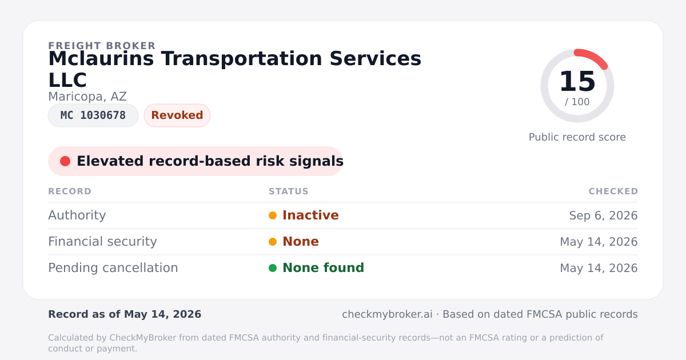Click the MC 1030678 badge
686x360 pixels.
pos(93,115)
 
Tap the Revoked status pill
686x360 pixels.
pos(177,115)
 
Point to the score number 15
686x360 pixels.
pos(577,81)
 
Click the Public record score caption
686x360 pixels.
pos(577,137)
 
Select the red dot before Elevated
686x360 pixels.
pos(65,161)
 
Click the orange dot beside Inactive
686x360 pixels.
pos(273,215)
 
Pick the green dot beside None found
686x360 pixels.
pos(273,268)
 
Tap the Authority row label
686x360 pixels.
pos(77,215)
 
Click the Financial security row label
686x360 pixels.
pos(102,242)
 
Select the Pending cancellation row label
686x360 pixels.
pos(113,268)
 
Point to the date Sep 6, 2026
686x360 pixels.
pos(603,215)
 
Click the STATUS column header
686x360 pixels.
pos(289,191)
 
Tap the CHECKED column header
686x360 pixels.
pos(613,191)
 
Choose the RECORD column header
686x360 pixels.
pos(70,191)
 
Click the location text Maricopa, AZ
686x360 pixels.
pos(87,97)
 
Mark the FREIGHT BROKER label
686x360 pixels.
pos(102,46)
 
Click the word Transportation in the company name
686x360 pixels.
pos(241,59)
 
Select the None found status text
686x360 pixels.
pos(324,268)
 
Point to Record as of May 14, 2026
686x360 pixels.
pos(125,314)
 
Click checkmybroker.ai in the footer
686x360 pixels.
pos(387,314)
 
